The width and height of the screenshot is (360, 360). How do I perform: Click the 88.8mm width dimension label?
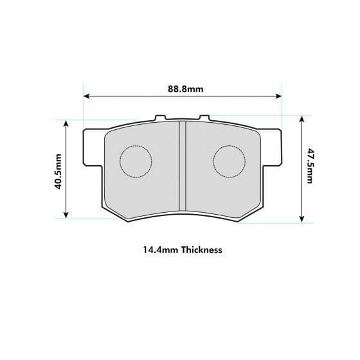tap(182, 89)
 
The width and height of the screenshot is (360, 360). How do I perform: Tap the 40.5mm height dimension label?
tap(58, 172)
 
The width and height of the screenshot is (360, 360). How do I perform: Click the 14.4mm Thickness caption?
tap(182, 249)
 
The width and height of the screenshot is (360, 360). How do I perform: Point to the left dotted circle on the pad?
tap(136, 161)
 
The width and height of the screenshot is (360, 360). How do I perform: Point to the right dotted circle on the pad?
tap(229, 161)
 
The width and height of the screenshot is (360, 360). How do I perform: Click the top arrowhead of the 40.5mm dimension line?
tap(67, 123)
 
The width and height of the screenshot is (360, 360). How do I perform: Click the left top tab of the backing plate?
tap(161, 118)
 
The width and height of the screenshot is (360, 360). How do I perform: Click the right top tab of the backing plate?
tap(204, 118)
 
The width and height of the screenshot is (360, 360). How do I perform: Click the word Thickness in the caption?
tap(202, 249)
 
